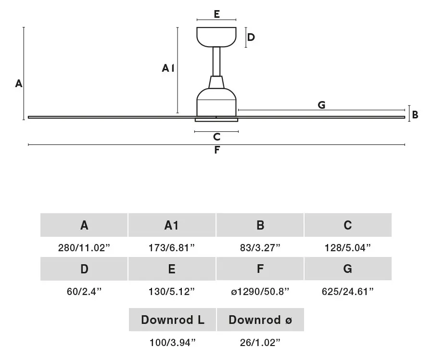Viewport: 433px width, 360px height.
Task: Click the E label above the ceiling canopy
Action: click(217, 14)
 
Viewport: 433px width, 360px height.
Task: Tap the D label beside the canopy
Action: click(251, 37)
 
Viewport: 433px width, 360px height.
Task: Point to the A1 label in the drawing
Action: click(168, 68)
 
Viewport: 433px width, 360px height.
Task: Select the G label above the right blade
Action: click(321, 105)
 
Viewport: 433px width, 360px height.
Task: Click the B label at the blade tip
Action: click(415, 115)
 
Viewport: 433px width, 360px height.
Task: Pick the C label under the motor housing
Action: click(217, 137)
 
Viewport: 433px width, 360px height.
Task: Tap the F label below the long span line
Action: click(217, 150)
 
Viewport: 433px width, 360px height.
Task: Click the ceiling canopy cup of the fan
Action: click(216, 37)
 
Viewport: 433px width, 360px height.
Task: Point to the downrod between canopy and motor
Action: click(216, 61)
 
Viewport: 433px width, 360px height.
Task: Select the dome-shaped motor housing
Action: click(216, 102)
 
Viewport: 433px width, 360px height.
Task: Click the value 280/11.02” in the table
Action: click(84, 247)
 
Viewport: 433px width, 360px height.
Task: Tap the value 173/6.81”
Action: click(172, 247)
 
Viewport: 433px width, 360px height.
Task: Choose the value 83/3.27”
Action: click(260, 247)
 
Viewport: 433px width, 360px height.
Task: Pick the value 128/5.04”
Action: click(348, 247)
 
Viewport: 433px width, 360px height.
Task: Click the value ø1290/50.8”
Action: click(260, 292)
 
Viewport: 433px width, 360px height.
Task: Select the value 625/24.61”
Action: click(348, 292)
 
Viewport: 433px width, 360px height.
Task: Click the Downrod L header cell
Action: click(172, 320)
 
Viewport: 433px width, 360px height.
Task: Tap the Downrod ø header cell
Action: click(260, 320)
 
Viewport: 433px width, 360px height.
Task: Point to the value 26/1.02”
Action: click(260, 343)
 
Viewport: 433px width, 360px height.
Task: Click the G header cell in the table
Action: click(348, 269)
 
